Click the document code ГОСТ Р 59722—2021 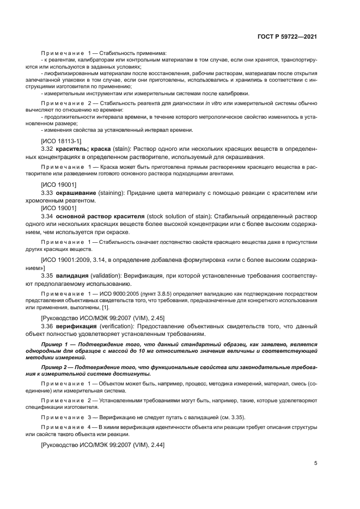(x=286, y=36)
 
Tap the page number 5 (x=315, y=464)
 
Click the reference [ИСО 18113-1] (x=59, y=140)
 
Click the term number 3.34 (x=47, y=216)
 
